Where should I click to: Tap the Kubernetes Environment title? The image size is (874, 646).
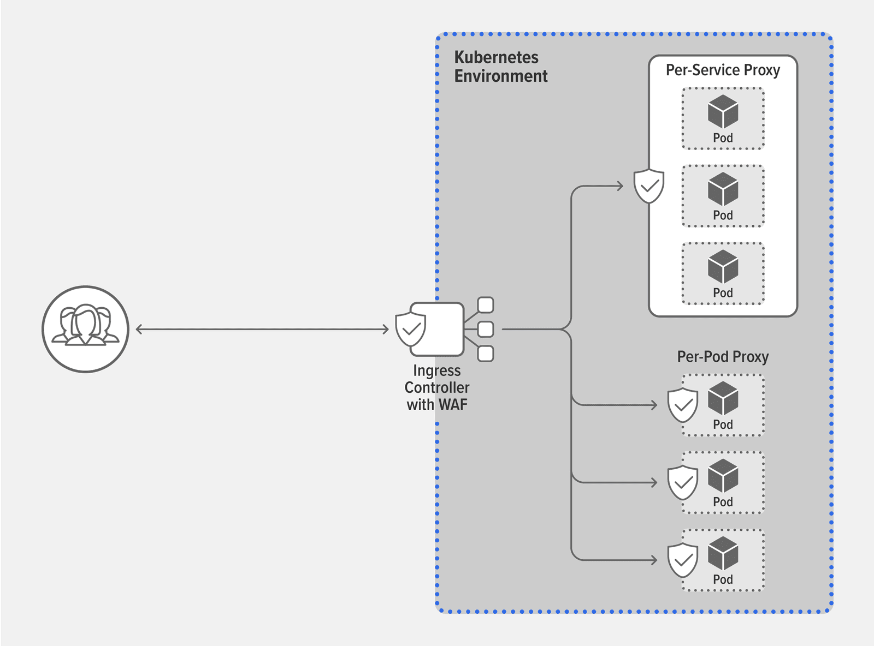point(500,67)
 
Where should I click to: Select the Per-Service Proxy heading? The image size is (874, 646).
point(722,70)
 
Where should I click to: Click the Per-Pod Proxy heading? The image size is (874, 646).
point(722,357)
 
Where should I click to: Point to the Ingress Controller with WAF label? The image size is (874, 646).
point(436,387)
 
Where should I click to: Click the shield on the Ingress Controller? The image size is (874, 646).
point(411,330)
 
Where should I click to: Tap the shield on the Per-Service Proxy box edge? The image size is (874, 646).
point(649,186)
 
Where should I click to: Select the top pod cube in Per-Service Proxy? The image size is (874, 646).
point(723,112)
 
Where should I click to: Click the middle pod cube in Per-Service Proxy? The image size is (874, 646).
point(723,189)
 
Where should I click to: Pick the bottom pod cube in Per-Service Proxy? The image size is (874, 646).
point(723,267)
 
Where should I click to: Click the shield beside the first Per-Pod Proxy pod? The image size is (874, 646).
point(683,405)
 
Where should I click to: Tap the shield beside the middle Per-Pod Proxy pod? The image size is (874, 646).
point(683,483)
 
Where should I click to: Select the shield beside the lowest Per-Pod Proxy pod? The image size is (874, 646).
point(683,560)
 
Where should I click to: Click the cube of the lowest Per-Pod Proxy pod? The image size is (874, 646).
point(723,553)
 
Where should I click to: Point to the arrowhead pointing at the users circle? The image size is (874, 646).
point(139,329)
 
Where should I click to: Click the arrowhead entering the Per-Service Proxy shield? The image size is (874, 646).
point(620,186)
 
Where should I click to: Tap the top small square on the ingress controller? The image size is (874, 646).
point(485,305)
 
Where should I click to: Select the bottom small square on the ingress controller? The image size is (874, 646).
point(485,354)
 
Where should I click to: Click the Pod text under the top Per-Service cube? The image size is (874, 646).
point(723,138)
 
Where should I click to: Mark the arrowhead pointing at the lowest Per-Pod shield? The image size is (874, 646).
point(654,560)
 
